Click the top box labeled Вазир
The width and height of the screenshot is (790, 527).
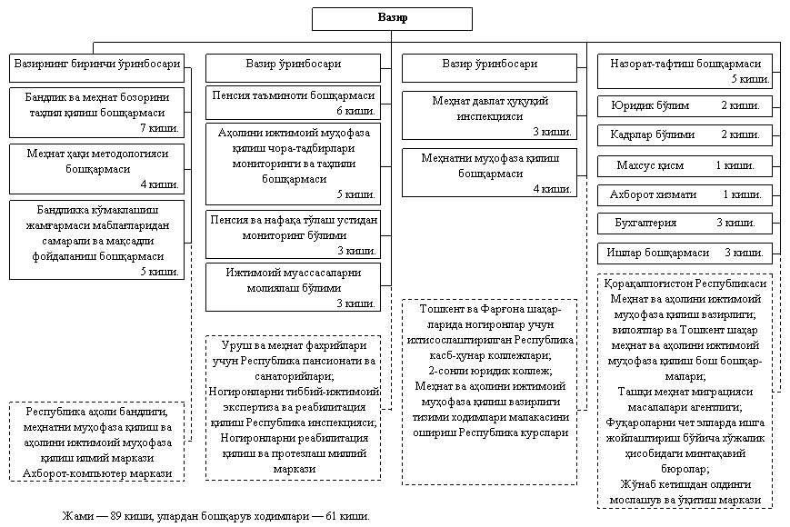coord(392,19)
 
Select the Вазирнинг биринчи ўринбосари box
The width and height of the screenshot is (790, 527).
coord(96,65)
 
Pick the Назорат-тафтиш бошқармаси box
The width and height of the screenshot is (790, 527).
coord(685,71)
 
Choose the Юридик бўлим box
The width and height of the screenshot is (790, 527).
coord(685,106)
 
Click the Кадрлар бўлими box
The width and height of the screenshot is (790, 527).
coord(685,134)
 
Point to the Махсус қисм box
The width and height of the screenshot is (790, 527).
coord(685,165)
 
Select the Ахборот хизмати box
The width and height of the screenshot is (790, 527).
coord(685,194)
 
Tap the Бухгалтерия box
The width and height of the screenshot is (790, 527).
coord(685,223)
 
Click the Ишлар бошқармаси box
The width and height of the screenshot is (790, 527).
coord(685,252)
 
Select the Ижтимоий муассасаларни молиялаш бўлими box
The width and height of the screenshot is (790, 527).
coord(292,286)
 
